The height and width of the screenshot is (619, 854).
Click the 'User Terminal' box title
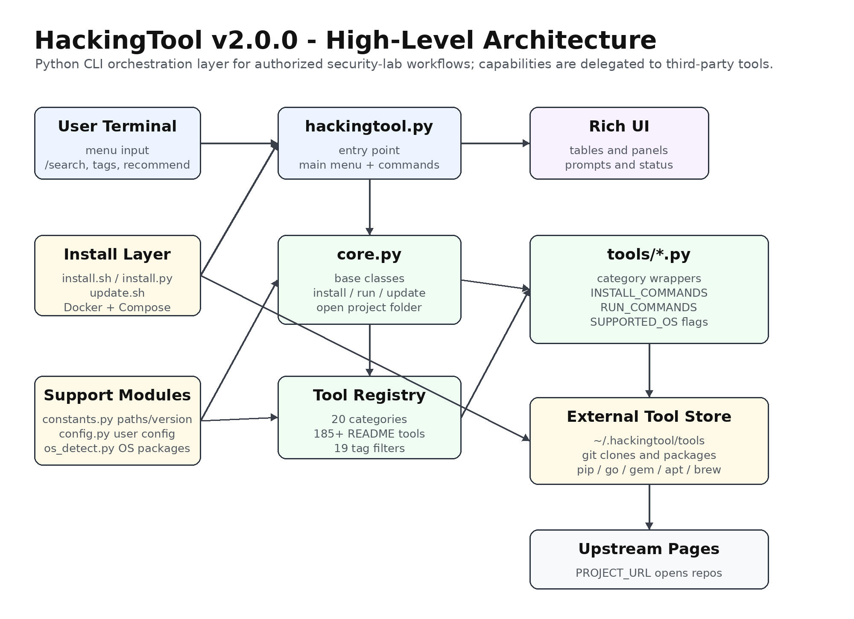[x=117, y=126]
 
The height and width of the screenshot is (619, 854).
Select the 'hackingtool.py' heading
[x=369, y=126]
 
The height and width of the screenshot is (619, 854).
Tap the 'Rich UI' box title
[x=619, y=126]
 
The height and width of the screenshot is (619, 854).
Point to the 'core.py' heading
[x=369, y=254]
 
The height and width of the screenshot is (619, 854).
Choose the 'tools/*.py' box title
[x=649, y=254]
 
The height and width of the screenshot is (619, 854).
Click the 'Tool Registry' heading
[x=369, y=395]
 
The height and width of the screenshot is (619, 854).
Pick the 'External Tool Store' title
[x=649, y=417]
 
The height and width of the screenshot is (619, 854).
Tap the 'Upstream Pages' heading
[x=649, y=549]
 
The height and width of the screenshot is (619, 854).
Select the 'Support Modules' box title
[x=117, y=395]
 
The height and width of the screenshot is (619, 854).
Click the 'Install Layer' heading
[x=117, y=254]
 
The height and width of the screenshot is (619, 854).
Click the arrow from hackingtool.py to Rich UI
[x=495, y=143]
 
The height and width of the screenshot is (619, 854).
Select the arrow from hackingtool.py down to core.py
[x=369, y=207]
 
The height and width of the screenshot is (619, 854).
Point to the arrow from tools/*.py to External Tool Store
[x=649, y=371]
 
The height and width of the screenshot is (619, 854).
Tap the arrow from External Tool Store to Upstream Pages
[x=649, y=507]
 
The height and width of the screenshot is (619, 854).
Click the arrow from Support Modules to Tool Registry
[x=239, y=419]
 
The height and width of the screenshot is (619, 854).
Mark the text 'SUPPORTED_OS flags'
[x=649, y=322]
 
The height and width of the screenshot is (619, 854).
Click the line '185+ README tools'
[x=369, y=434]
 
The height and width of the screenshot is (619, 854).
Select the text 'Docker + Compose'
[x=117, y=307]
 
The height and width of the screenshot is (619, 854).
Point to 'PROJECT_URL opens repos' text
[x=649, y=573]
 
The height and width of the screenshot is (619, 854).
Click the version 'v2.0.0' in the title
[x=254, y=41]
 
